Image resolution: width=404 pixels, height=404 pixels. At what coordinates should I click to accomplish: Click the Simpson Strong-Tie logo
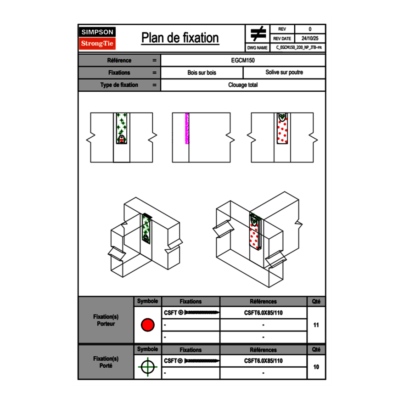point(97,38)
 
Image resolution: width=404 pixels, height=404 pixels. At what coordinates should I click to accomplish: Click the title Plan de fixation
point(180,38)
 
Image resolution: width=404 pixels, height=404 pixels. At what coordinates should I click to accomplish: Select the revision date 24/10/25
point(310,39)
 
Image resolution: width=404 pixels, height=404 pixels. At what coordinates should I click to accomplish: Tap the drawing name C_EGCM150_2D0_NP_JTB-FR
point(298,48)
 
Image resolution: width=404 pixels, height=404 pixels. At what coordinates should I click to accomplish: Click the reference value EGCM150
point(243,61)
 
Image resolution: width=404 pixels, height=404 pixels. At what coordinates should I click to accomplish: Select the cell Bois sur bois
point(202,73)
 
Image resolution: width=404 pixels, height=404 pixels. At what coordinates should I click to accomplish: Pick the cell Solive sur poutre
point(284,73)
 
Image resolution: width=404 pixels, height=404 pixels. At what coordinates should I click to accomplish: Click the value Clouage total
point(243,85)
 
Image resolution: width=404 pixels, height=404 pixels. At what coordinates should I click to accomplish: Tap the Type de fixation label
point(119,85)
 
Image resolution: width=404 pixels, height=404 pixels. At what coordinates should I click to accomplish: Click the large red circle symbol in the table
point(147,325)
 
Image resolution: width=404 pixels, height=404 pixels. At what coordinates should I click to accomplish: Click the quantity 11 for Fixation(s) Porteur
point(316,325)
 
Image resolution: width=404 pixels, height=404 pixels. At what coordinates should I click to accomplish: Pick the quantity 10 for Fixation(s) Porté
point(316,367)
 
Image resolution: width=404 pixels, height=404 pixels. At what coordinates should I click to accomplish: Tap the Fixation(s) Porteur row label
point(106,320)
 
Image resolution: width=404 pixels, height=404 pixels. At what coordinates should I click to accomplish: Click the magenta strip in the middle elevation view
point(187,129)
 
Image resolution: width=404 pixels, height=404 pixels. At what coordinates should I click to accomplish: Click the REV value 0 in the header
point(310,29)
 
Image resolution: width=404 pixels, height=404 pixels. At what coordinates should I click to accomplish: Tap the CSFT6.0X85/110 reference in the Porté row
point(263,361)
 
